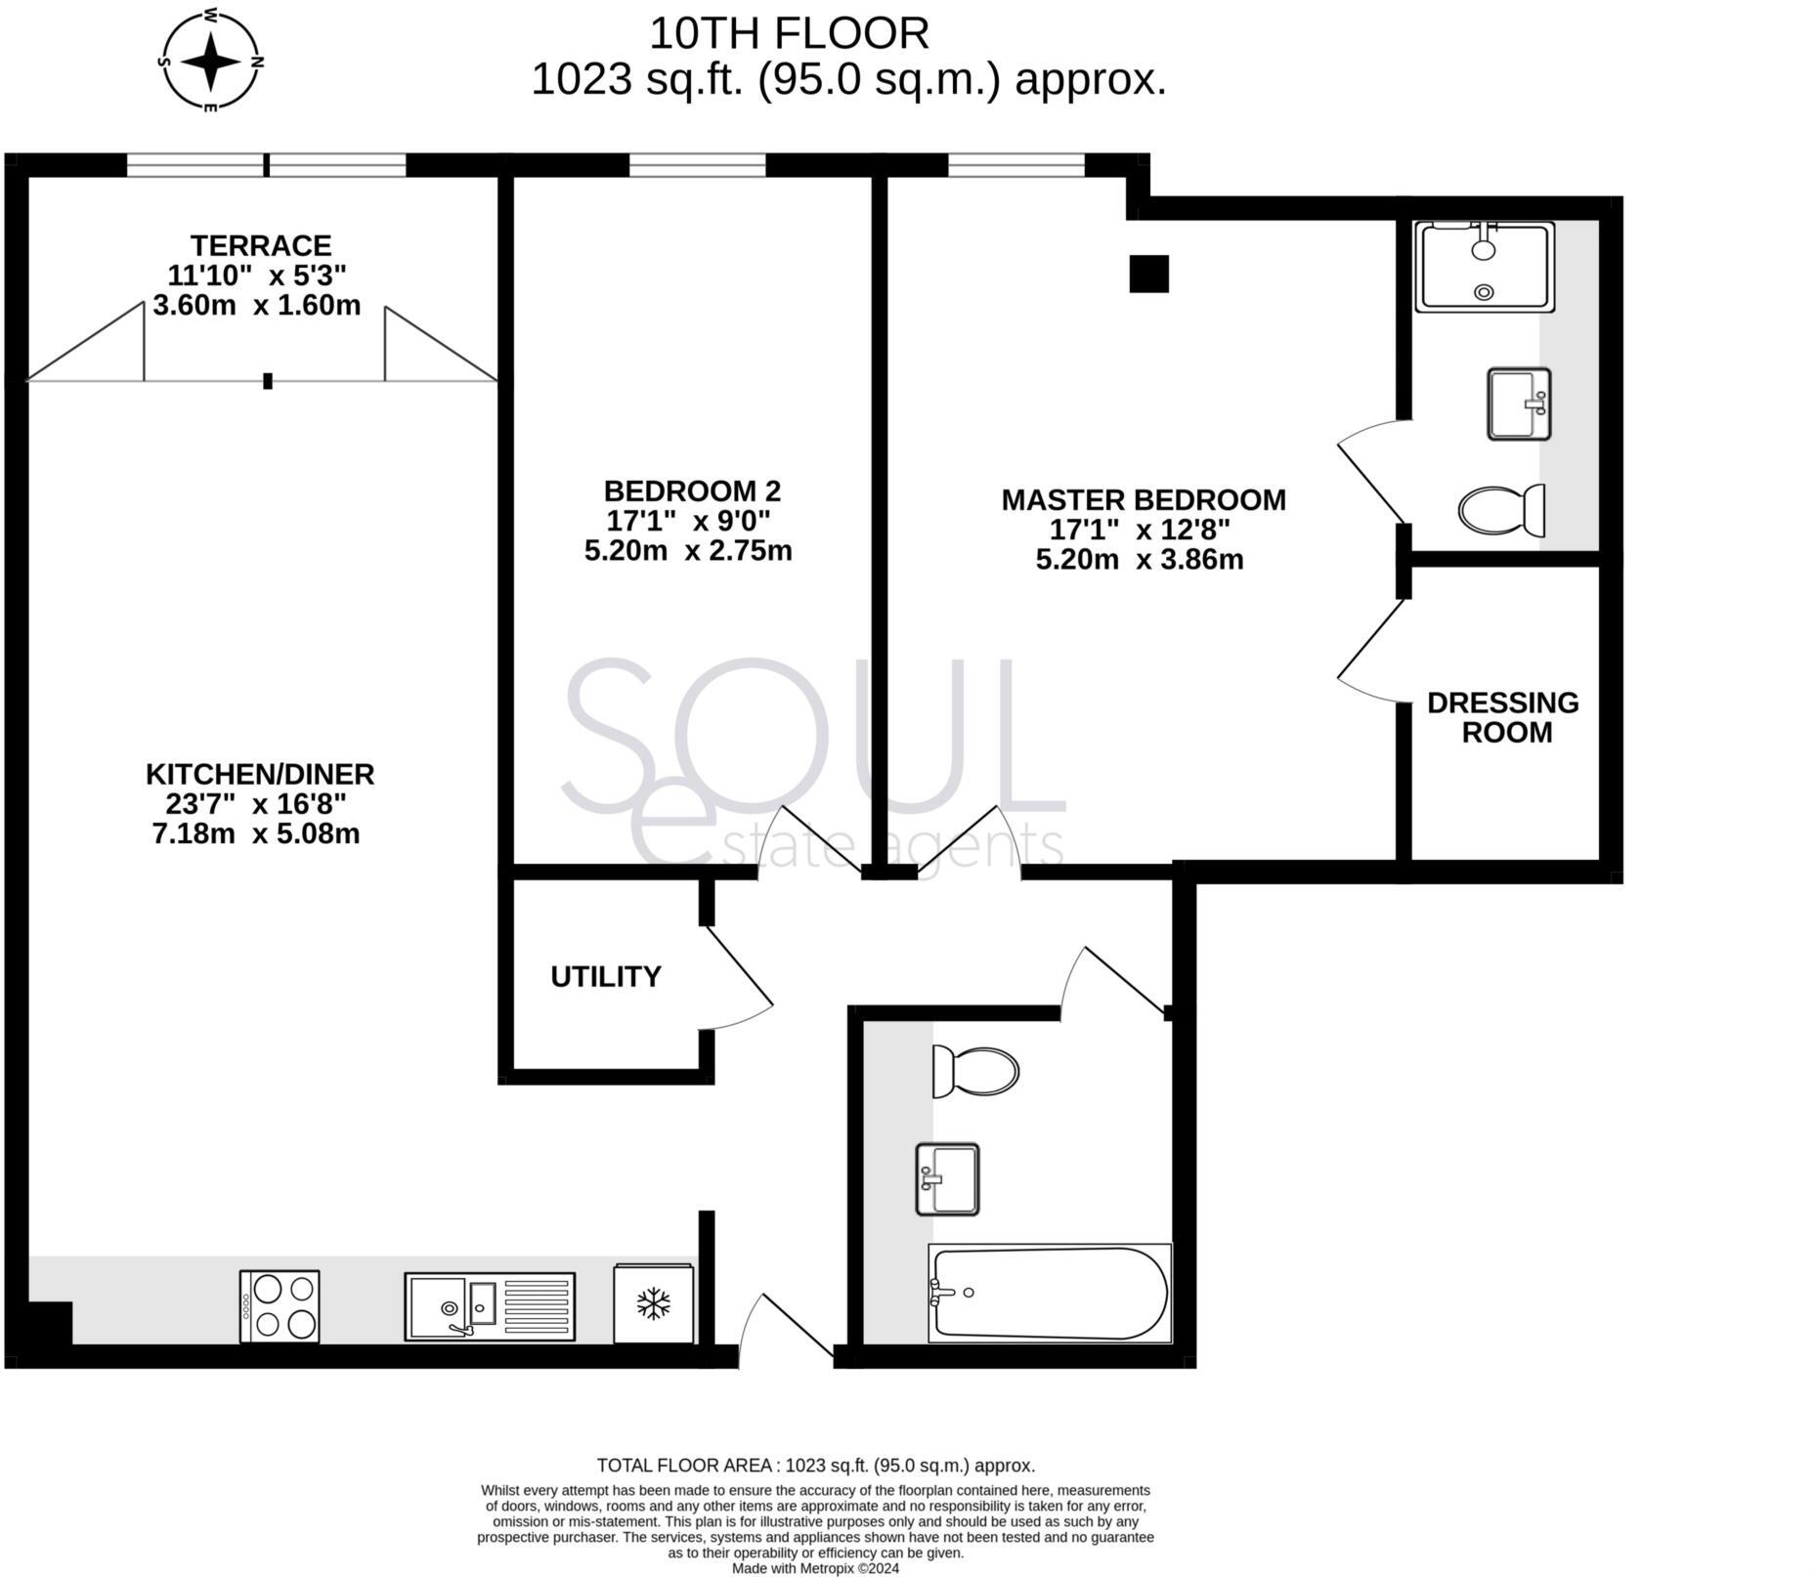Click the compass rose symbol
210,61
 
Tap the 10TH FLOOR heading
788,34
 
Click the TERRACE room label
260,245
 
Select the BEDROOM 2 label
691,490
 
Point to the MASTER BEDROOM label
1143,500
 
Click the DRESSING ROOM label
1502,717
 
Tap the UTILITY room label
605,977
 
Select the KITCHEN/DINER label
259,774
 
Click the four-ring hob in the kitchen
280,1305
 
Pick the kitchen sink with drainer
489,1305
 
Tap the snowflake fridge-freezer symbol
653,1303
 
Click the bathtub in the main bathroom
1049,1293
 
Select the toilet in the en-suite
1500,510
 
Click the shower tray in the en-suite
1484,267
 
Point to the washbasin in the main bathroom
946,1179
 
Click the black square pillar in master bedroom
1148,274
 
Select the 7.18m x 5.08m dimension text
256,834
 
